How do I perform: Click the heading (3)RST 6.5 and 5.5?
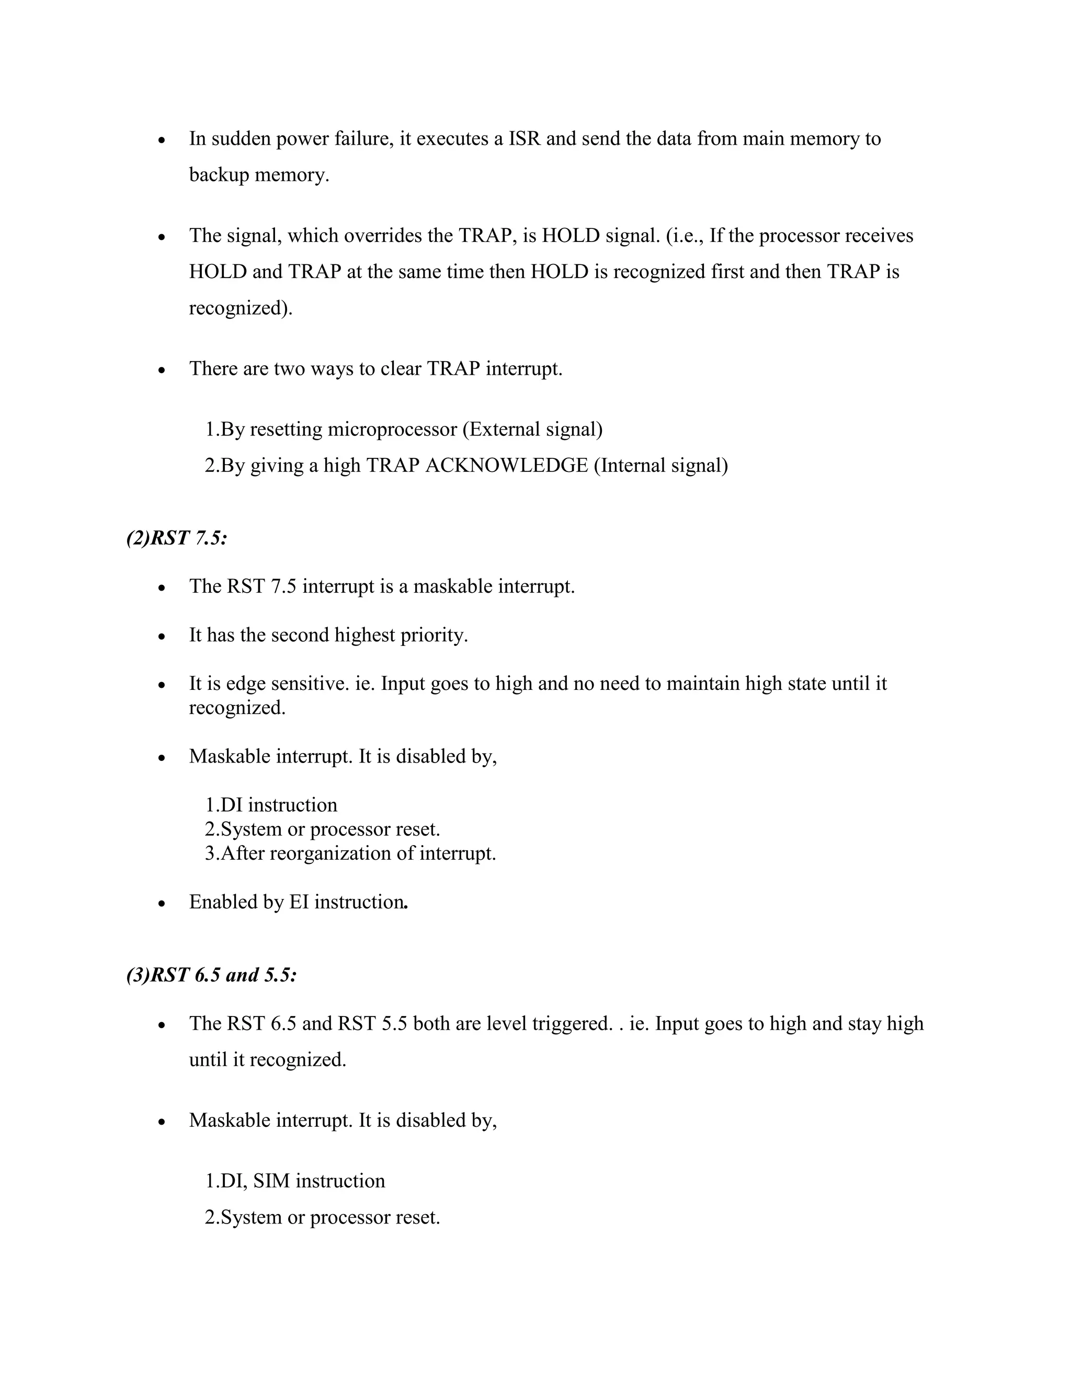point(211,975)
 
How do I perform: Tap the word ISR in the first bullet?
point(525,138)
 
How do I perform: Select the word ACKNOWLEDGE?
point(506,466)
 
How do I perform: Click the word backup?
point(219,175)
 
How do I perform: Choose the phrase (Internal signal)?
point(660,466)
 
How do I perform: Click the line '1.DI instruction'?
point(271,805)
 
